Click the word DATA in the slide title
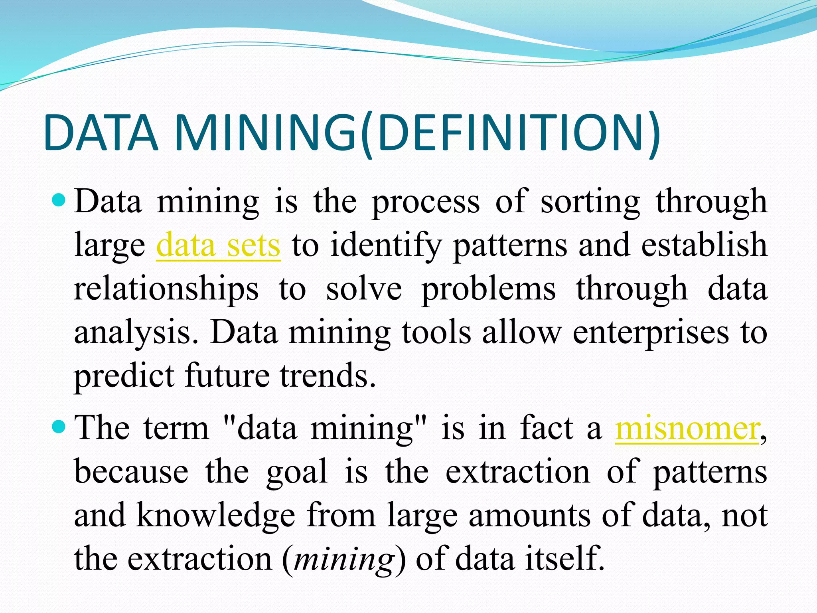[102, 133]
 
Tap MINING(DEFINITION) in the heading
[417, 133]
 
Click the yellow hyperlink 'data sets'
[218, 245]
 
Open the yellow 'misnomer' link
[687, 429]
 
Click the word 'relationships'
[166, 289]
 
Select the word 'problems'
[489, 289]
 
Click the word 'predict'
[124, 376]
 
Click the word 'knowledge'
[215, 515]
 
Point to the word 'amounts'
[529, 515]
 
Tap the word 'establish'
[705, 245]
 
